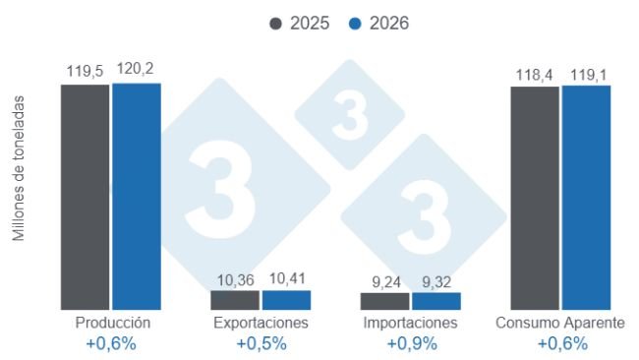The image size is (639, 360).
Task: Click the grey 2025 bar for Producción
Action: click(85, 197)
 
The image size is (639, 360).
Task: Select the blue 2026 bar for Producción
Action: click(136, 197)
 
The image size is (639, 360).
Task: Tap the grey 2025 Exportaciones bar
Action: click(235, 300)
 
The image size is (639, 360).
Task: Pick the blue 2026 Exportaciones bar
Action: click(286, 300)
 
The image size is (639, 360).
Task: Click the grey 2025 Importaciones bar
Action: click(384, 301)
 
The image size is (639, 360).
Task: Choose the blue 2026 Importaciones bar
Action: click(436, 301)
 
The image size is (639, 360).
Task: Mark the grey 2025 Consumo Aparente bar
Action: click(535, 198)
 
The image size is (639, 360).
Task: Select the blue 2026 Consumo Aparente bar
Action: click(586, 198)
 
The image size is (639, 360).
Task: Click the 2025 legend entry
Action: click(300, 23)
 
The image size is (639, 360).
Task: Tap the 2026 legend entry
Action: click(378, 23)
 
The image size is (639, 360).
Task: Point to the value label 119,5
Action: click(86, 71)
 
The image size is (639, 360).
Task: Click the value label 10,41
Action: click(286, 279)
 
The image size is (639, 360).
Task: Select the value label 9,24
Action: click(384, 282)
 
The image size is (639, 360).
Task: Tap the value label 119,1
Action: click(586, 73)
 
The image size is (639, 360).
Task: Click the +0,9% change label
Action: click(410, 343)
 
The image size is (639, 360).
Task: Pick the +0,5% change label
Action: click(261, 343)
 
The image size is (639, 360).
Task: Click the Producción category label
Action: click(112, 323)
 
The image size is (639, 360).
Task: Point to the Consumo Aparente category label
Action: click(560, 323)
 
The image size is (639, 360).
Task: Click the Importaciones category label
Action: click(410, 323)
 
